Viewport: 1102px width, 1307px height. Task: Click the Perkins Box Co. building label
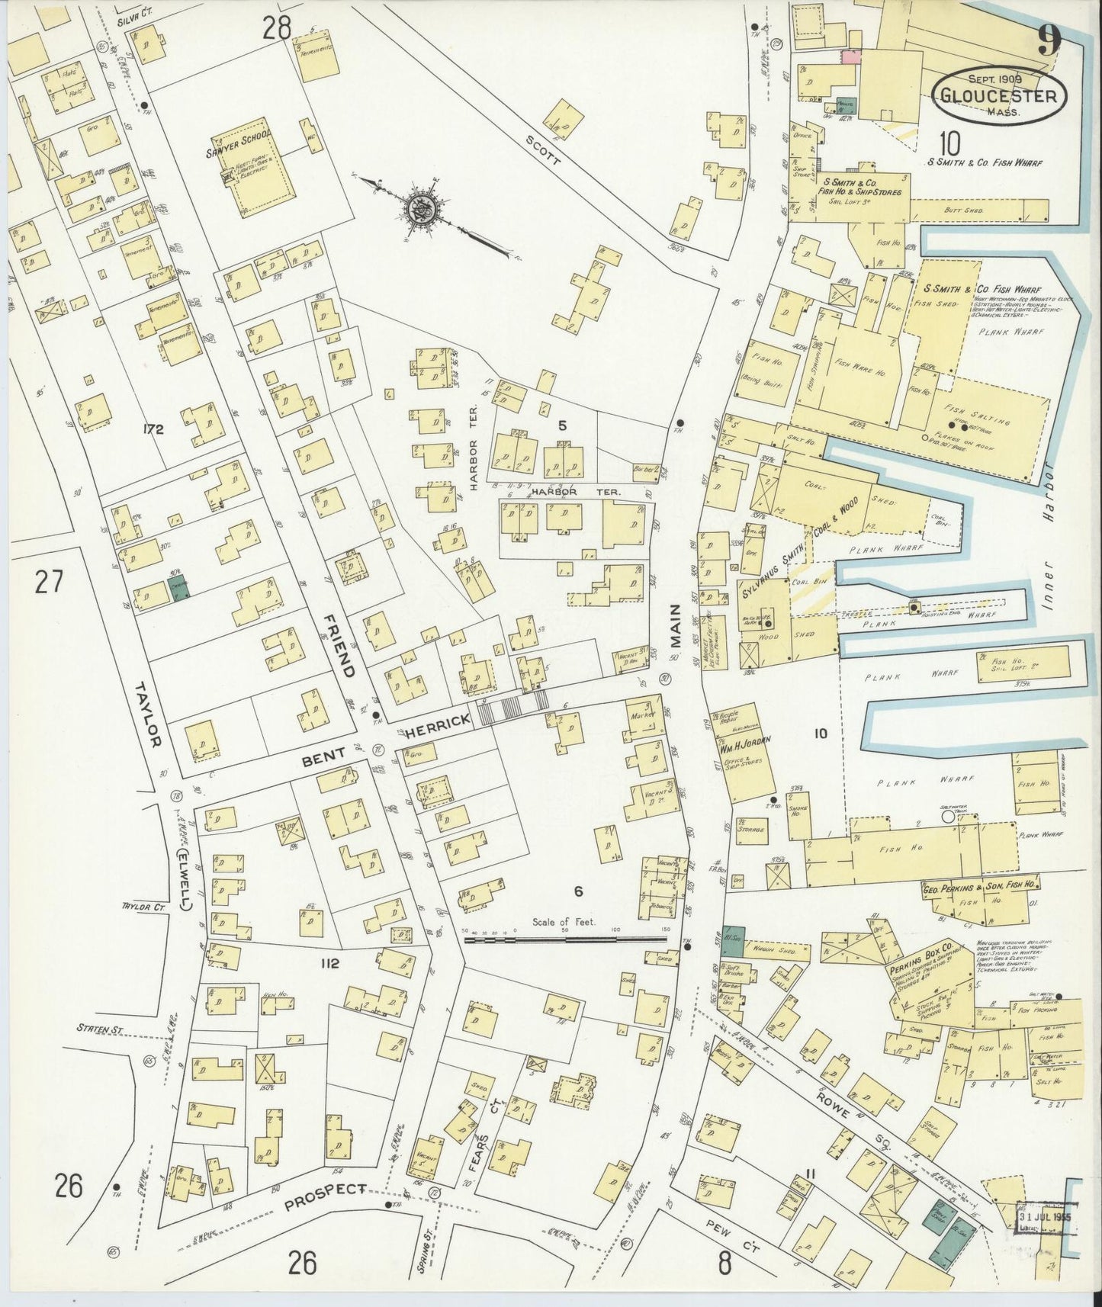(x=917, y=960)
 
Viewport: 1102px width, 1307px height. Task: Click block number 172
(x=153, y=429)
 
